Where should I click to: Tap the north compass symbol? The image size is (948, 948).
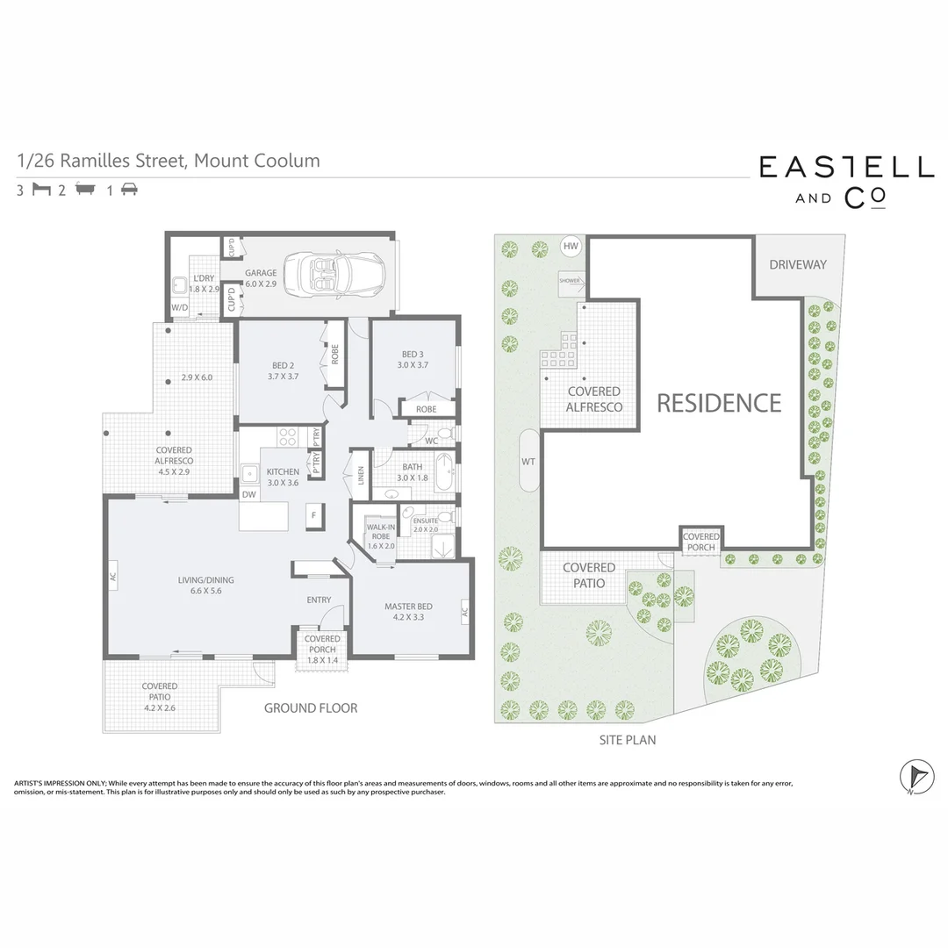pos(916,776)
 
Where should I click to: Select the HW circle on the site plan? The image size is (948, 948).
pos(571,247)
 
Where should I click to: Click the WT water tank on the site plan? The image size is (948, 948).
pos(528,461)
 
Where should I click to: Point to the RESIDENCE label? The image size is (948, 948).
pos(719,403)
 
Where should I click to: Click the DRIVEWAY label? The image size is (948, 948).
pos(797,264)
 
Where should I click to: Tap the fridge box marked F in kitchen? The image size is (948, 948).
pos(312,514)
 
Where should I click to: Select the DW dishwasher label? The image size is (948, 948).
pos(249,494)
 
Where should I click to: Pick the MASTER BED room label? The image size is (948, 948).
pos(407,612)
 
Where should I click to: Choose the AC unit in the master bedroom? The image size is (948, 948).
pos(464,612)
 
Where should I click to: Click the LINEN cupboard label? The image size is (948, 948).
pos(360,475)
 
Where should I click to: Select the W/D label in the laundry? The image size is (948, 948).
pos(180,308)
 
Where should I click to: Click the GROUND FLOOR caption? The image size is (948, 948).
pos(311,707)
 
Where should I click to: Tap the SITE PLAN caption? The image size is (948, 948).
pos(627,740)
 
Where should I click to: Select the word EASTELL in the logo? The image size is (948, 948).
pos(846,168)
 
